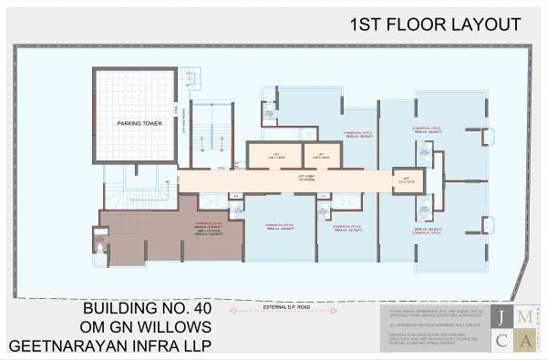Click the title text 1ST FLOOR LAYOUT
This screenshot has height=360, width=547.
tap(435, 24)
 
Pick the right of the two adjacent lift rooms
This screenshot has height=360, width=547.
tap(321, 155)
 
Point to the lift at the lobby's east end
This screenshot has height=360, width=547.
tap(404, 180)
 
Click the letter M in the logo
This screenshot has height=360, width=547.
tap(523, 318)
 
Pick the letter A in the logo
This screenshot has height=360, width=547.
tap(523, 341)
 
